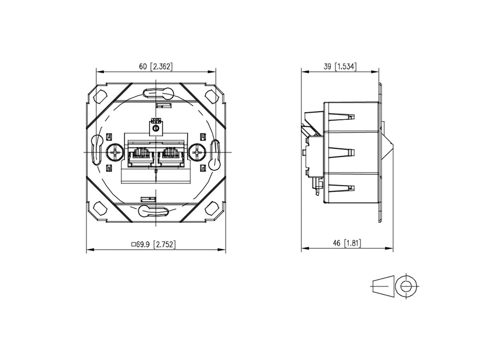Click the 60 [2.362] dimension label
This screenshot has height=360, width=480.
pos(156,67)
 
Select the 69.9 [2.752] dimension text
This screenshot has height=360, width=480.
pos(154,244)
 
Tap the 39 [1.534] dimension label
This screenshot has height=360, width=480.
pos(340,67)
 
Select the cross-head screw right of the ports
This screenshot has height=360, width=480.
pos(197,152)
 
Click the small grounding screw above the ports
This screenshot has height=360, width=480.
pos(156,128)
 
